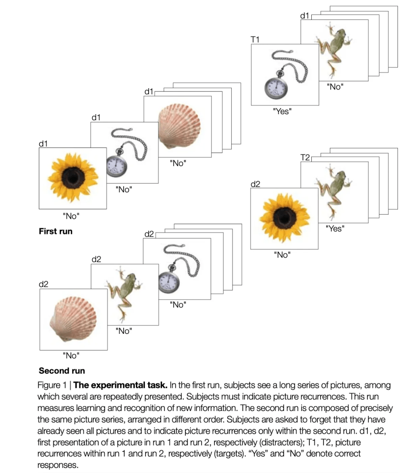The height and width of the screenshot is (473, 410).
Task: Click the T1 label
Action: pyautogui.click(x=255, y=40)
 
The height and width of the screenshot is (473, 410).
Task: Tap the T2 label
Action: pyautogui.click(x=305, y=158)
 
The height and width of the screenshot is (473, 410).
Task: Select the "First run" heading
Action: pyautogui.click(x=56, y=231)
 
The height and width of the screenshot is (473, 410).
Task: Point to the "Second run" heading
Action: pyautogui.click(x=62, y=370)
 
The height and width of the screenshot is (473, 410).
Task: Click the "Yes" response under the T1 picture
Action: pyautogui.click(x=282, y=111)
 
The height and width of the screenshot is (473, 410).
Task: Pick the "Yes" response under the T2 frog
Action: pyautogui.click(x=335, y=228)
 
